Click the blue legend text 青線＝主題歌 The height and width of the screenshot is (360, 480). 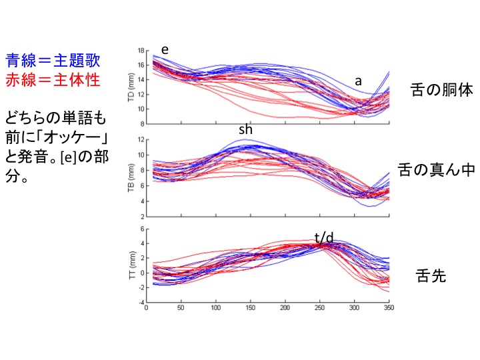point(52,61)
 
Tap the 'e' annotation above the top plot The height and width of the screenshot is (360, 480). point(165,50)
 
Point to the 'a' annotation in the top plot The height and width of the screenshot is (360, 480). point(358,81)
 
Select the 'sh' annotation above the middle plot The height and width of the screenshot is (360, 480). point(245,130)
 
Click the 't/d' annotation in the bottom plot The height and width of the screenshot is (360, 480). point(325,237)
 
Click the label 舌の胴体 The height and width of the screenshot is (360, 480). point(441,91)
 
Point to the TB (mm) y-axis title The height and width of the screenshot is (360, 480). point(131,178)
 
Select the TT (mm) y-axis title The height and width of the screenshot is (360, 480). point(131,265)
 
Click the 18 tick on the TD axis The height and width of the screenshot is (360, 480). point(141,51)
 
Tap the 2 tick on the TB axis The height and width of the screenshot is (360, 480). point(142,217)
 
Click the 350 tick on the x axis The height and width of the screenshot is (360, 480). point(389,309)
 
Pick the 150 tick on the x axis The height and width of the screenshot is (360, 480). point(250,309)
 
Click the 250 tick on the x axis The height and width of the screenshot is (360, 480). point(319,309)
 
